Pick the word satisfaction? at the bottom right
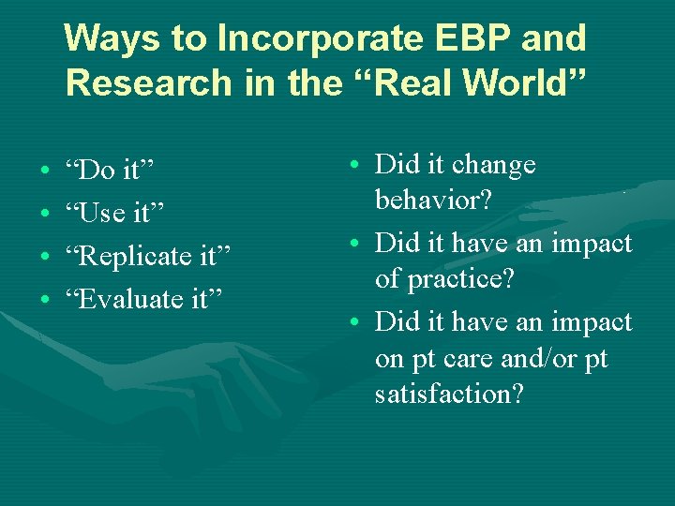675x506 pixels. pyautogui.click(x=449, y=394)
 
